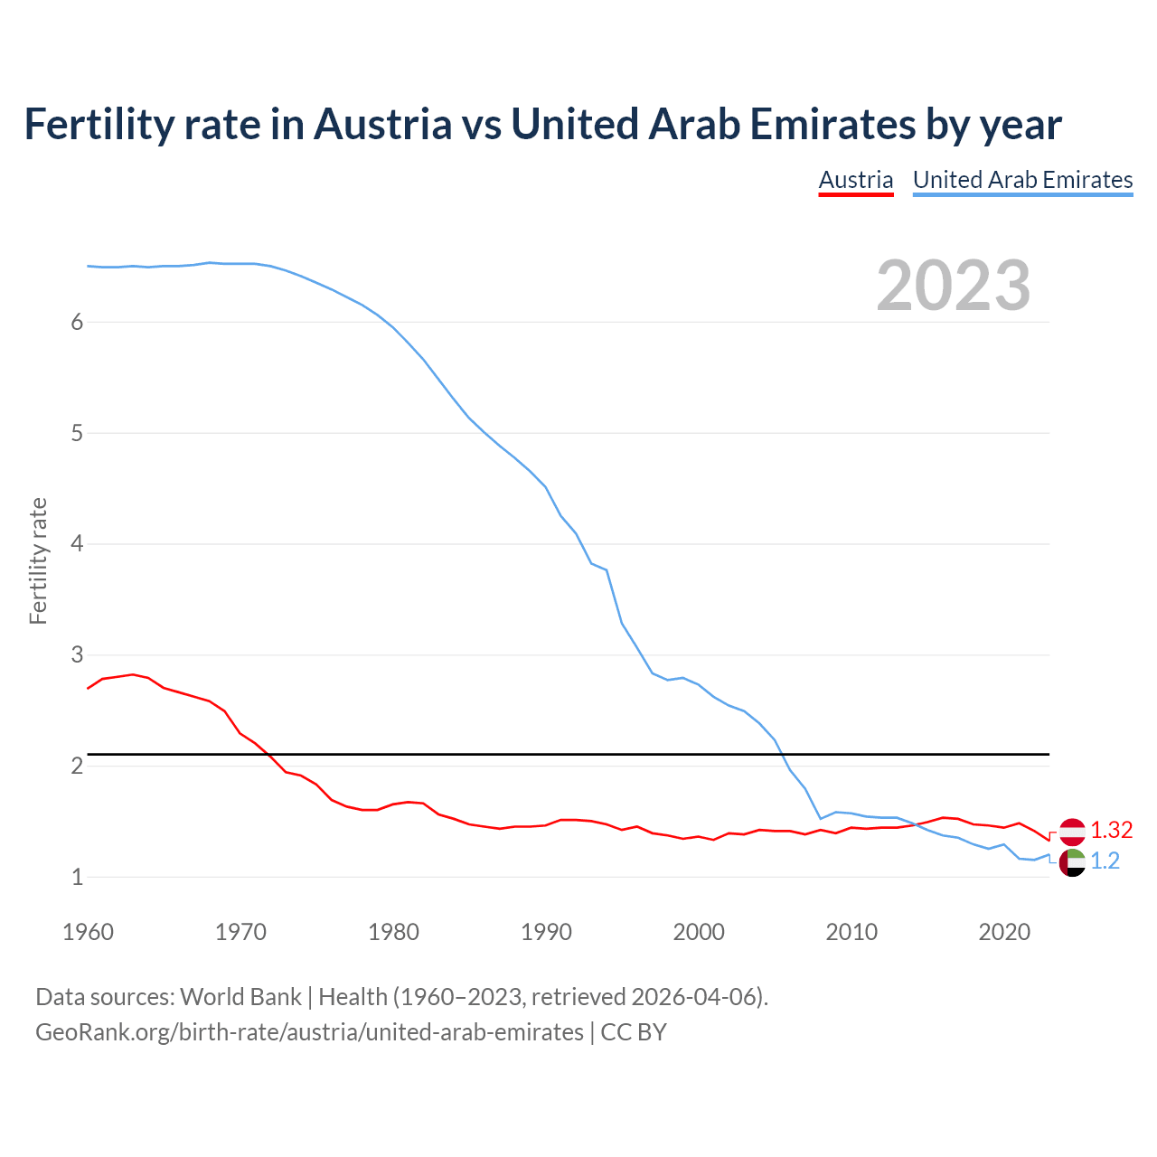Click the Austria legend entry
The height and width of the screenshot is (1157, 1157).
click(x=855, y=180)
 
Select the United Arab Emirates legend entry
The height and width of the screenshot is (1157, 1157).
click(x=1022, y=180)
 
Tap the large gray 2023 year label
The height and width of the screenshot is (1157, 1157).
click(x=953, y=286)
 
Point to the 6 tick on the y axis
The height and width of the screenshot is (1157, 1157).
click(x=77, y=323)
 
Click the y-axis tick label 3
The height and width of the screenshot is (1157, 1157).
click(x=77, y=655)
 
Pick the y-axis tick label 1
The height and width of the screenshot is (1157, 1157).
click(x=77, y=877)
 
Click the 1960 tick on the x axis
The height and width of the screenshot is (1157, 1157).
click(x=88, y=932)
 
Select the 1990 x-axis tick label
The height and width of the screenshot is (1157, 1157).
click(x=546, y=932)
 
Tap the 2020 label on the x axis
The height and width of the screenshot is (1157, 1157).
click(x=1004, y=932)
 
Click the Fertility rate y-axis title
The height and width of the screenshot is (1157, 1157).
click(x=38, y=560)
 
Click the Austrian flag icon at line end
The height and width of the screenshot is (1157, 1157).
click(x=1072, y=831)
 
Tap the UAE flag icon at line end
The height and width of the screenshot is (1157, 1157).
click(x=1072, y=862)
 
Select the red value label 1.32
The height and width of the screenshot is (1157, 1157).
click(x=1111, y=830)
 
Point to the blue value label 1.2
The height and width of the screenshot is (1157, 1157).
click(x=1105, y=861)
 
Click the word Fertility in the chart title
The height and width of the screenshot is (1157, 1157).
click(x=97, y=124)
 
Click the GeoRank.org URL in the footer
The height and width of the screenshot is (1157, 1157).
click(x=309, y=1032)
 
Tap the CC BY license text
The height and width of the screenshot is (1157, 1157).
click(x=634, y=1032)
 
